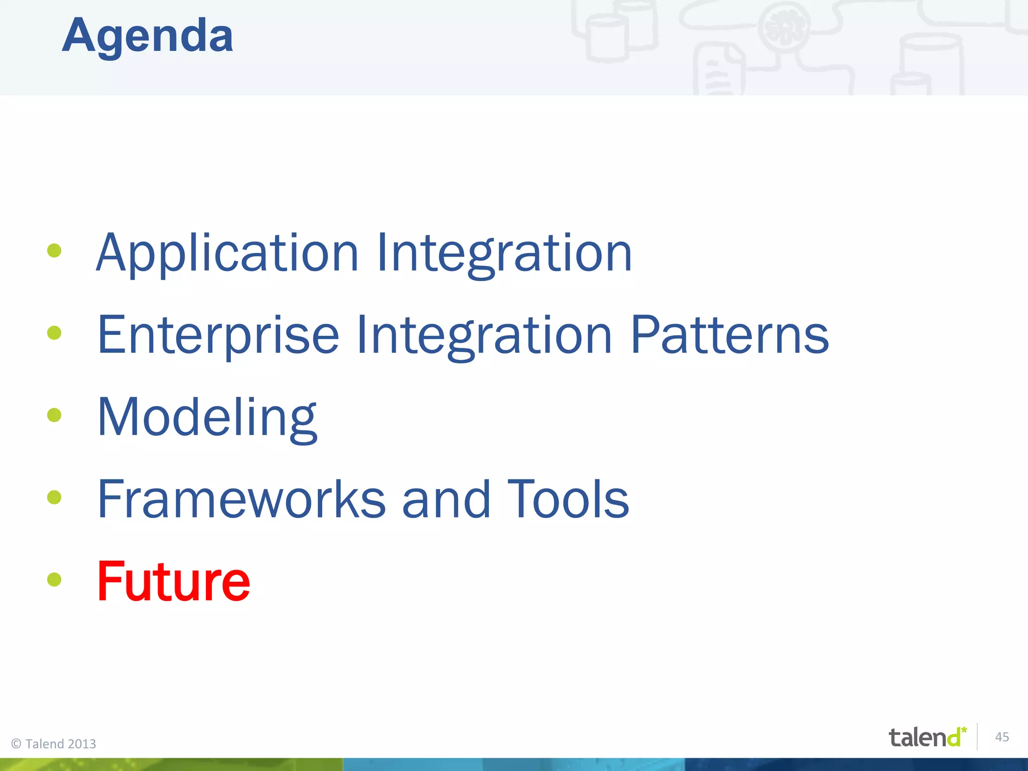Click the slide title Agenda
(x=148, y=36)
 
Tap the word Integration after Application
(x=504, y=253)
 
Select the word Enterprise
(x=218, y=335)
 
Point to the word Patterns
(x=729, y=335)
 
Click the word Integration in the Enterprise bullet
(x=484, y=335)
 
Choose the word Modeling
(x=207, y=418)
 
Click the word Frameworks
(x=241, y=499)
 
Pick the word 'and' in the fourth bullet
(x=446, y=499)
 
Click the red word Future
(x=173, y=582)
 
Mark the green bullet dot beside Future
(x=54, y=580)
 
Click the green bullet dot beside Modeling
(x=54, y=415)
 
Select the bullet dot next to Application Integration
(x=54, y=250)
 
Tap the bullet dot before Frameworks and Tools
(x=54, y=497)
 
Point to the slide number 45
(x=1002, y=737)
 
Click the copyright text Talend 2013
(x=54, y=743)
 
